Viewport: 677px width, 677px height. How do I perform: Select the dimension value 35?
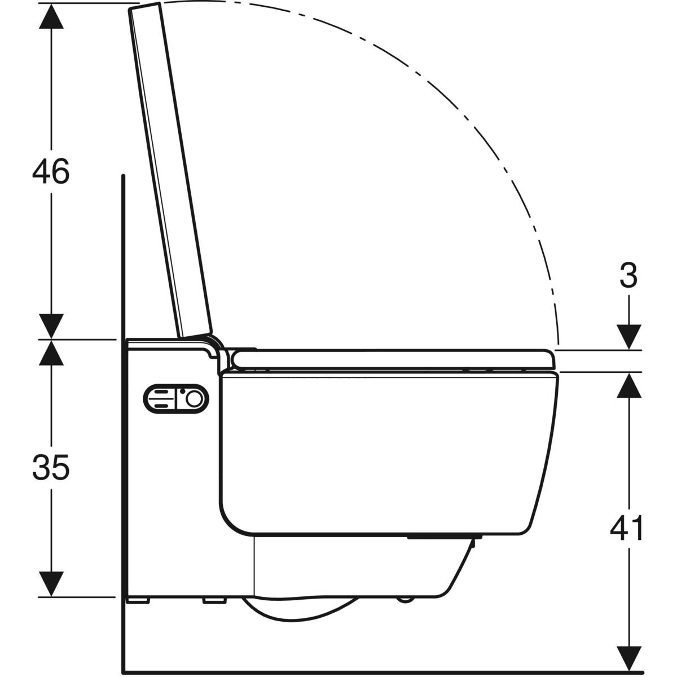click(x=51, y=468)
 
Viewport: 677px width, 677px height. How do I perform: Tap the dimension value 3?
click(x=627, y=276)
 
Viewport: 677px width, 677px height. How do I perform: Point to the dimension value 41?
click(x=627, y=529)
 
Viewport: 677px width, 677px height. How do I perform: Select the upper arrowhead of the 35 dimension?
click(x=51, y=353)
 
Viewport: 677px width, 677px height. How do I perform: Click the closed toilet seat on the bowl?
click(x=395, y=359)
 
